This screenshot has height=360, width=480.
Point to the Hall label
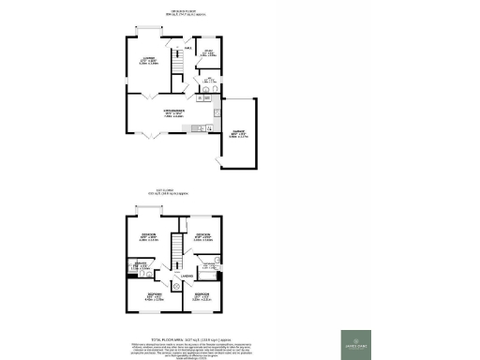click(188, 49)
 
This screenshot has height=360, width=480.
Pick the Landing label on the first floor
click(187, 276)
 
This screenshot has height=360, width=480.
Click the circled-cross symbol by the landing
click(176, 287)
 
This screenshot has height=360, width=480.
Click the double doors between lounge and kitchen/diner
click(147, 96)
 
